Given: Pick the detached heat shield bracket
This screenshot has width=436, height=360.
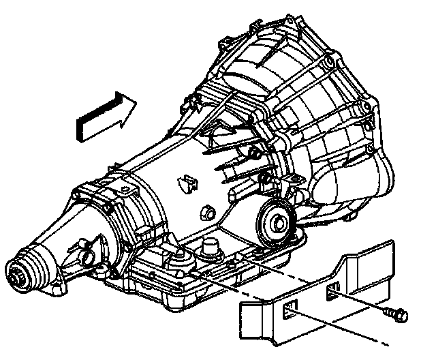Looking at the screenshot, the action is click(x=320, y=300).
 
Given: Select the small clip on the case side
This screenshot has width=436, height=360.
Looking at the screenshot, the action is click(x=185, y=183).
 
